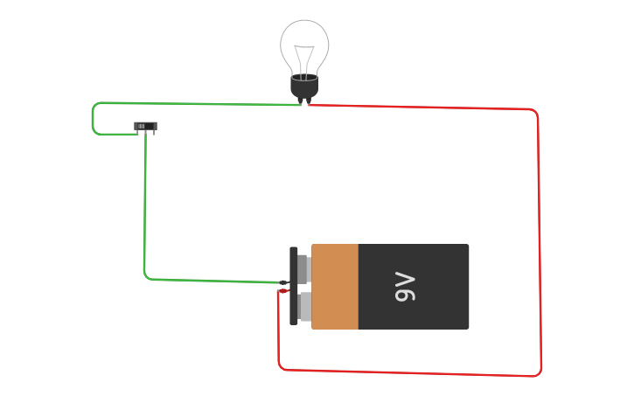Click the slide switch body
pos(145,126)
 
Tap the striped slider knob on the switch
pos(141,127)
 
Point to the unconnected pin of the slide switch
pos(154,133)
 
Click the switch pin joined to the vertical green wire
pos(145,133)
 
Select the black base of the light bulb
pos(304,86)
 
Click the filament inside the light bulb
pos(304,60)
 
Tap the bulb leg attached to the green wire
pos(301,101)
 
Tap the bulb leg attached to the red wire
pos(309,101)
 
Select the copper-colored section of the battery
pos(335,287)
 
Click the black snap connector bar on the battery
pos(294,286)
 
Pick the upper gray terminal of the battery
pos(304,269)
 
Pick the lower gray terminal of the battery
pos(304,306)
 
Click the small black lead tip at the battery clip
pos(283,282)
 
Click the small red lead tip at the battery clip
pos(283,291)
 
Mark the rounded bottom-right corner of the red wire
pos(538,373)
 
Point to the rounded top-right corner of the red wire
pos(534,112)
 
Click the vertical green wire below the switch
pos(145,204)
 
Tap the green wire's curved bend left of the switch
pos(94,118)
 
